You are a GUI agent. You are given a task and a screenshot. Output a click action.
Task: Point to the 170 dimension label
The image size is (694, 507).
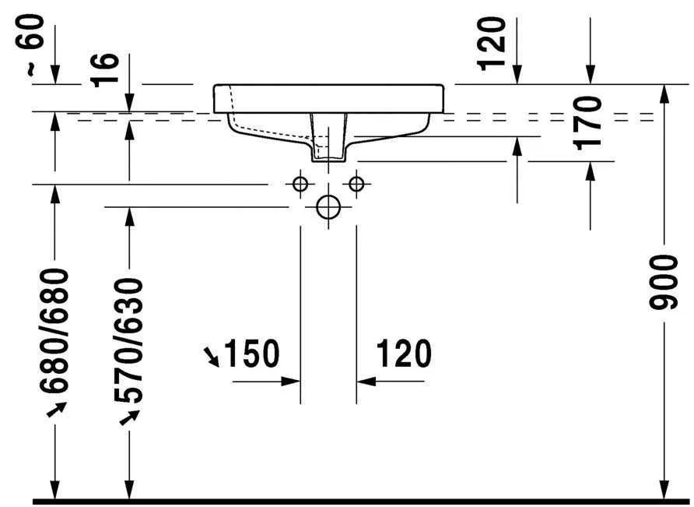click(591, 121)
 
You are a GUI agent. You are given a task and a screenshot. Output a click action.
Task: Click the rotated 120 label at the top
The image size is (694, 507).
click(492, 43)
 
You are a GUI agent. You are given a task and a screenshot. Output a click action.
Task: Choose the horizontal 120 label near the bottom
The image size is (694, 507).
click(404, 354)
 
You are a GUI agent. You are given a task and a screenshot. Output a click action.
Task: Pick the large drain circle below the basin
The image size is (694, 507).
click(328, 206)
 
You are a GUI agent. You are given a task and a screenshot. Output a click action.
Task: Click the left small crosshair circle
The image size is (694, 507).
click(300, 184)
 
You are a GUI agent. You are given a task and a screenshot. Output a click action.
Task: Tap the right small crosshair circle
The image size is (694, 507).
click(356, 184)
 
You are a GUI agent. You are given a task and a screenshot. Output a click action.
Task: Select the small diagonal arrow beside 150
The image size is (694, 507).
click(212, 357)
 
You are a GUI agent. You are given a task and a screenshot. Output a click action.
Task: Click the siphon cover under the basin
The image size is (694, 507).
click(328, 139)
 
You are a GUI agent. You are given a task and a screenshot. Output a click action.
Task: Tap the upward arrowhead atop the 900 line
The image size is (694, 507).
click(664, 93)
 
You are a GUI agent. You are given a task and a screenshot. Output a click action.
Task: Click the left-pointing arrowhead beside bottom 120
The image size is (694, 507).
click(366, 381)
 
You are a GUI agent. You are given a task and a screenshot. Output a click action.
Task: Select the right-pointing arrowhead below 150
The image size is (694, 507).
click(291, 381)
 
